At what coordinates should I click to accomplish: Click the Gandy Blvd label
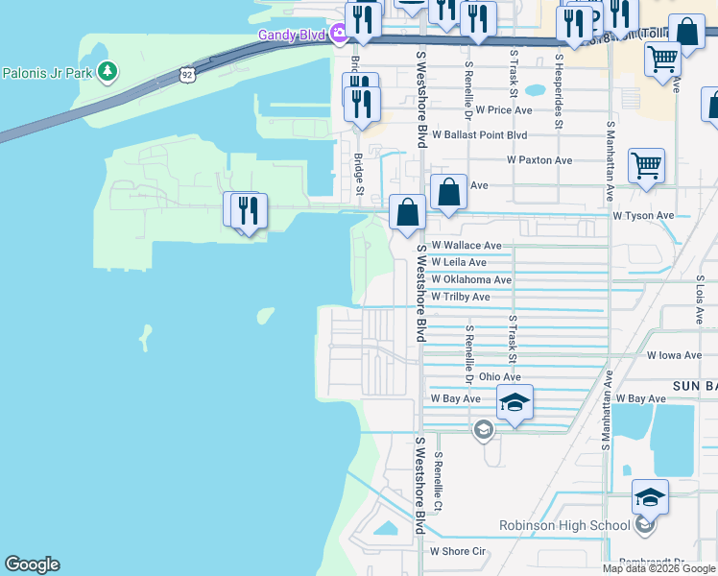[x=292, y=36]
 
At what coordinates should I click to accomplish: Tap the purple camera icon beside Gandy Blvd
[x=339, y=36]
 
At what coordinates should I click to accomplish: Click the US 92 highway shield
[x=186, y=73]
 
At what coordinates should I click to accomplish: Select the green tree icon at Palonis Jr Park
[x=108, y=72]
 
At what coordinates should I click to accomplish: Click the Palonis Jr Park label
[x=48, y=72]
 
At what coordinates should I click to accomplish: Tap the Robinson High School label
[x=564, y=525]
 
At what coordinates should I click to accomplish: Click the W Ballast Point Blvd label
[x=481, y=135]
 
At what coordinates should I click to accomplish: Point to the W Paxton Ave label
[x=539, y=160]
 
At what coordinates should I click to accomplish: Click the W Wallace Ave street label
[x=467, y=246]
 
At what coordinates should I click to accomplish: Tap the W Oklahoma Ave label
[x=471, y=279]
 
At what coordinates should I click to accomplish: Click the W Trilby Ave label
[x=461, y=297]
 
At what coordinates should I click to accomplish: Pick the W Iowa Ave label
[x=675, y=355]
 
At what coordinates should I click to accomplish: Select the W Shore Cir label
[x=460, y=551]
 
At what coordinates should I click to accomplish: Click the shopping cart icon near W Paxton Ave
[x=646, y=164]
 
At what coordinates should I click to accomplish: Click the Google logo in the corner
[x=32, y=564]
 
